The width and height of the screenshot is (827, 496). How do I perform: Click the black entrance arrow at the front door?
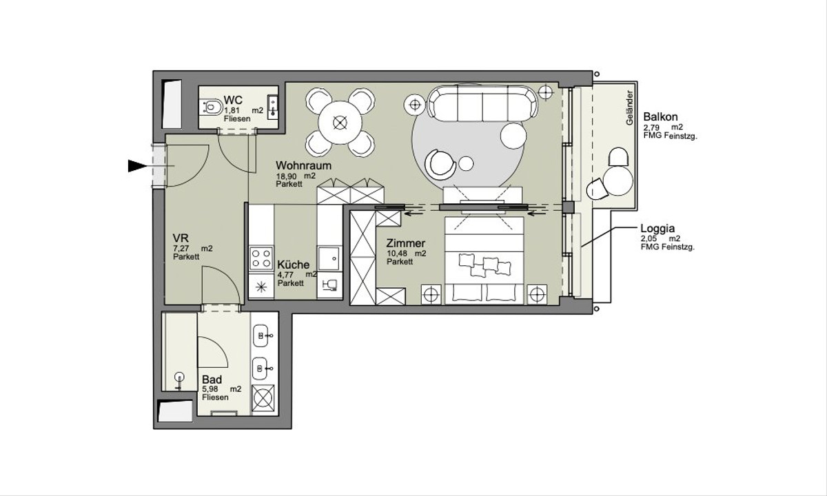pos(137,166)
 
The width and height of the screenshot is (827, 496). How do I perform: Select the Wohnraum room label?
pos(303,165)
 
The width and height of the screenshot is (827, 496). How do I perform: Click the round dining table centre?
pos(340,123)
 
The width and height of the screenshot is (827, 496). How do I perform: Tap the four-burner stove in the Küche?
pos(261,258)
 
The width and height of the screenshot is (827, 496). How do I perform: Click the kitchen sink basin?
pos(329,259)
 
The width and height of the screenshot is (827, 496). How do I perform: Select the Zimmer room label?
pos(406,243)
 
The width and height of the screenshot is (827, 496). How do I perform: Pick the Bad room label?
pos(212,380)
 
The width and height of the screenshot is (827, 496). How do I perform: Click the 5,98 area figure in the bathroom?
pos(210,389)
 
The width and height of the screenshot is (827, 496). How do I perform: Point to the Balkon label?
pos(660,116)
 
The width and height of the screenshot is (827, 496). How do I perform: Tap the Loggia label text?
pos(657,229)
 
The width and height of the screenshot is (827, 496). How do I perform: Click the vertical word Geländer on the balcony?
pos(629,107)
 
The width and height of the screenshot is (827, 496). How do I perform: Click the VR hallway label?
pos(181,237)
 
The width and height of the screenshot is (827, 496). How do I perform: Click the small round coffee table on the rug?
pos(467,163)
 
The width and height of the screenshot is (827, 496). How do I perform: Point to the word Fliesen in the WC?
pos(237,118)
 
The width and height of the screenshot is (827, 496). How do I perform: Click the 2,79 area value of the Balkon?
pos(652,127)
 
